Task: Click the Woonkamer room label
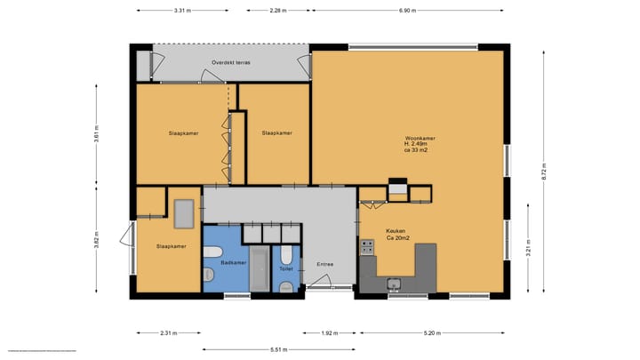click(x=420, y=140)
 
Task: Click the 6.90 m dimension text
click(x=410, y=11)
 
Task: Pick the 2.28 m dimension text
click(x=278, y=11)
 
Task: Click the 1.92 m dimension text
click(x=330, y=333)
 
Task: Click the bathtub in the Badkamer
click(x=260, y=269)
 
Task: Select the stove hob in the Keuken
click(x=366, y=248)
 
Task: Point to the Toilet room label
click(x=285, y=268)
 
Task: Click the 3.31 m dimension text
click(x=181, y=11)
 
